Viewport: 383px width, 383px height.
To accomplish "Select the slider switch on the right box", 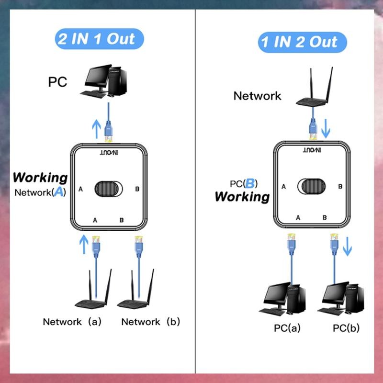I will [311, 186].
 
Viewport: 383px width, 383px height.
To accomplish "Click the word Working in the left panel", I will [40, 177].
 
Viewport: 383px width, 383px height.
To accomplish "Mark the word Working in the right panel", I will [242, 196].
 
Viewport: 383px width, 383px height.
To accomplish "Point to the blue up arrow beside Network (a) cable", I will [84, 244].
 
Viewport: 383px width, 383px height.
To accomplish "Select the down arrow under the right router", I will [326, 128].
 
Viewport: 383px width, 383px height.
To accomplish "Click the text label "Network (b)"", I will [150, 322].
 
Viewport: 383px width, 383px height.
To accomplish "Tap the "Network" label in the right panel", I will [257, 96].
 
